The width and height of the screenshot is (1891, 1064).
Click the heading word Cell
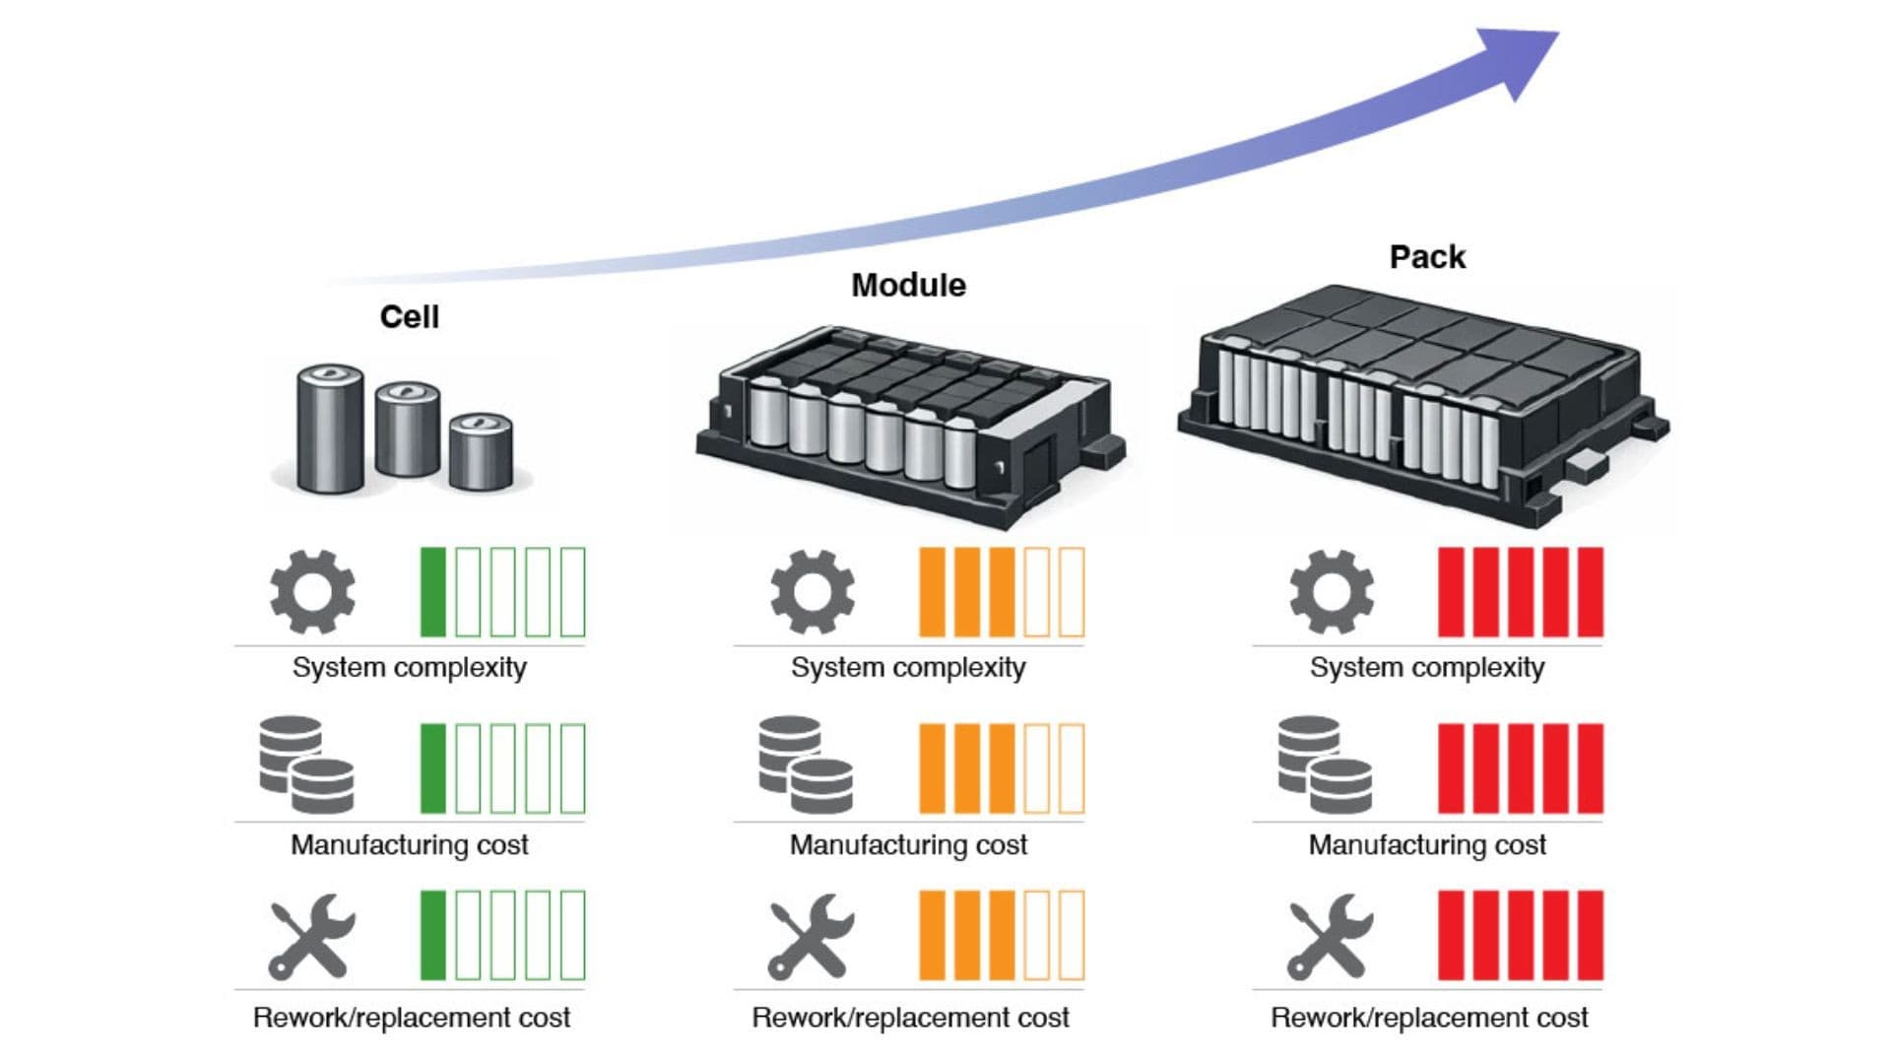pos(410,317)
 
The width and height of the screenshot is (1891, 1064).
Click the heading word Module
pos(908,286)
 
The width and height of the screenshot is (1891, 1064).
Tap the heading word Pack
pos(1427,257)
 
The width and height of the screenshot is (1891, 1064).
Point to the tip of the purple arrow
pos(1558,33)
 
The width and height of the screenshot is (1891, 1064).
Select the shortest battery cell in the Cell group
pos(481,451)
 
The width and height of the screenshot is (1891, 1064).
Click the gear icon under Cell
pos(312,591)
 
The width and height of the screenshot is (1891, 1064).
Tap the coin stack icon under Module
pos(806,765)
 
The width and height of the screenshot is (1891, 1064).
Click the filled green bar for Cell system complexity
pos(433,592)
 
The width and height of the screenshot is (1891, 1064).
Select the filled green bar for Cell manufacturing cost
pos(433,768)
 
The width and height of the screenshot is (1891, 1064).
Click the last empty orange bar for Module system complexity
pos(1072,592)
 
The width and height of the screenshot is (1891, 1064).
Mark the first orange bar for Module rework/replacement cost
pos(932,936)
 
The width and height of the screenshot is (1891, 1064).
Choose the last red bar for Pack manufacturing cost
pos(1591,768)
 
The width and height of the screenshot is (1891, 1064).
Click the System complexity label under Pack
pos(1427,668)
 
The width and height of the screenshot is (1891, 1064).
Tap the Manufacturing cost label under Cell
pos(410,845)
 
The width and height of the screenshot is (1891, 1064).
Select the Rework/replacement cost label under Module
pos(910,1018)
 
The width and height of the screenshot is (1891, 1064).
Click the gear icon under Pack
pos(1332,591)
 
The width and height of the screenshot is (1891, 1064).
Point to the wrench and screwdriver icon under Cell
pos(311,936)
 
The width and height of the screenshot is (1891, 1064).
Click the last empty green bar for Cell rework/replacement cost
pos(572,936)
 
